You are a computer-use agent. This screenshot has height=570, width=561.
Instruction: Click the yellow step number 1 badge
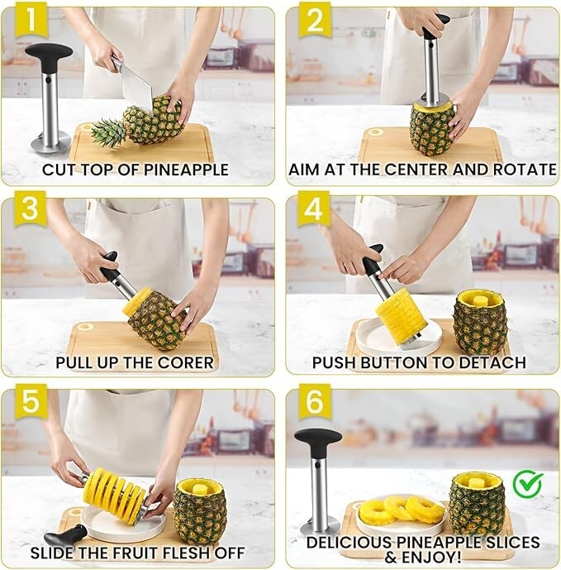click(x=29, y=22)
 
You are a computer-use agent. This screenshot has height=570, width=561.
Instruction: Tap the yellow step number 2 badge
click(x=314, y=22)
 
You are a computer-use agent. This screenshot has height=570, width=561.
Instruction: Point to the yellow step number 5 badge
click(x=29, y=403)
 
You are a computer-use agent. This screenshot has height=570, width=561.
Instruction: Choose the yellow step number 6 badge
click(x=314, y=403)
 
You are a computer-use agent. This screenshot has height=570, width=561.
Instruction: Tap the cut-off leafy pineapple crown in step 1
click(x=108, y=132)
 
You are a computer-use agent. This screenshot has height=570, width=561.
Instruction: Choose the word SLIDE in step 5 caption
click(x=55, y=552)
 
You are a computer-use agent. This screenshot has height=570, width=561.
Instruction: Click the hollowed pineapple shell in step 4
click(x=480, y=323)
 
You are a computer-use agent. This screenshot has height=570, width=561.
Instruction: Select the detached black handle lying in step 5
click(x=68, y=534)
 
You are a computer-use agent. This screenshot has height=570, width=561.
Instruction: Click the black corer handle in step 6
click(x=317, y=438)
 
